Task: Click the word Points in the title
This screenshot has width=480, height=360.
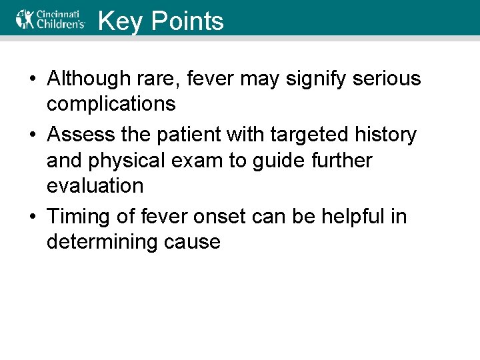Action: coord(187,21)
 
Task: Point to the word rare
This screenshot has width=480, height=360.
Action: coord(162,79)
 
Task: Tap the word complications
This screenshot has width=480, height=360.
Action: coord(111,104)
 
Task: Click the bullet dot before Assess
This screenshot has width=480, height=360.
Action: coord(33,135)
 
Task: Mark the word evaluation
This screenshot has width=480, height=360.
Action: coord(95,186)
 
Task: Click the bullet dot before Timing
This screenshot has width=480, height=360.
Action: coord(33,217)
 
